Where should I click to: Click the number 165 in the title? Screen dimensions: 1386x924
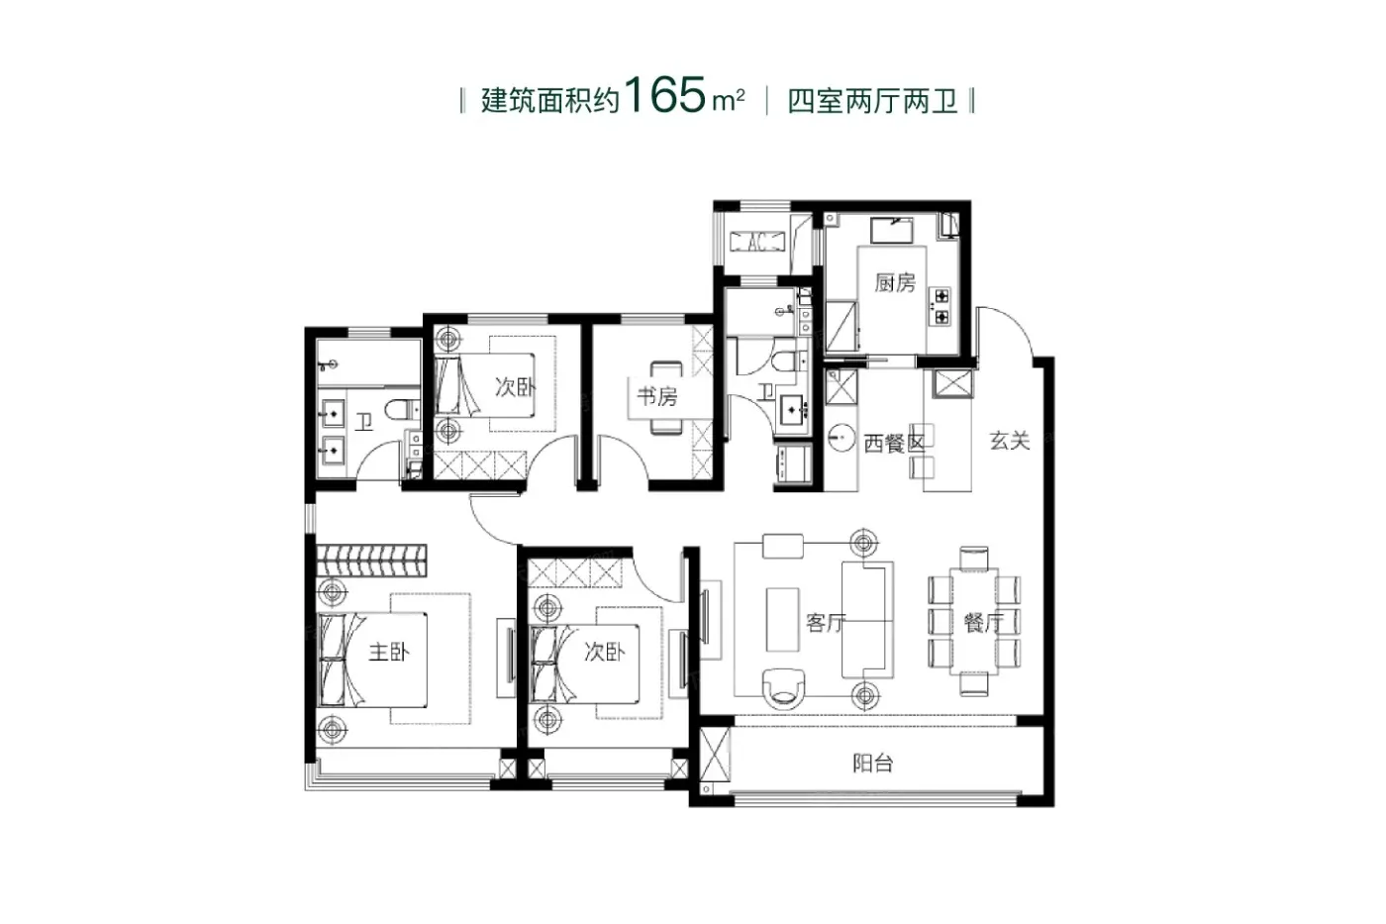tap(665, 95)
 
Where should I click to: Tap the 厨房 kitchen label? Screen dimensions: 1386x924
tap(895, 283)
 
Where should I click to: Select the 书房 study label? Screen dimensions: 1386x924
tap(657, 396)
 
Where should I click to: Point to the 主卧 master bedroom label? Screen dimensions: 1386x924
tap(388, 652)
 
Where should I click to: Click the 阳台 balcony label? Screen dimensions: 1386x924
tap(872, 764)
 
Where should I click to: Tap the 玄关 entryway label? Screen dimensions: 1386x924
tap(1010, 441)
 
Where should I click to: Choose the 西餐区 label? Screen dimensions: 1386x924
tap(894, 443)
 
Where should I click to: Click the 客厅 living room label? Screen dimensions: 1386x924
tap(826, 622)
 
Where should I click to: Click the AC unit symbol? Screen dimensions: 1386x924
tap(757, 242)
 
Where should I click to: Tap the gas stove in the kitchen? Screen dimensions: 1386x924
tap(941, 306)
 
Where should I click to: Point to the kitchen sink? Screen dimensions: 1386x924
tap(892, 230)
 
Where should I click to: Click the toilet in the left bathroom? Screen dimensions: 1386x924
tap(402, 409)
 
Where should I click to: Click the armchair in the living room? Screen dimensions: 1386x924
tap(784, 688)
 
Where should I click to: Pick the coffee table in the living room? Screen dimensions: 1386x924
tap(782, 620)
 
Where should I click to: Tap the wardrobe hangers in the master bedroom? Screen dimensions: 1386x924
tap(372, 562)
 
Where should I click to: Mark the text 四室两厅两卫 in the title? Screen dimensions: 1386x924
tap(872, 101)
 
